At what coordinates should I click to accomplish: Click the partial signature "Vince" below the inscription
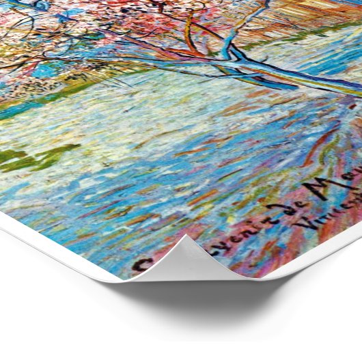[x=337, y=215]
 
